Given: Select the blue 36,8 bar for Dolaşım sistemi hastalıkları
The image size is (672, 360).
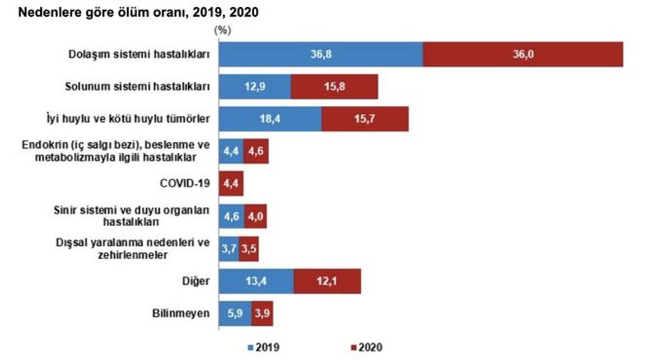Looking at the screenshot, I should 320,54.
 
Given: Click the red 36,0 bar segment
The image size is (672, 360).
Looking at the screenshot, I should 522,54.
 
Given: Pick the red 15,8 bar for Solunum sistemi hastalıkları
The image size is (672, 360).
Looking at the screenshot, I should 334,87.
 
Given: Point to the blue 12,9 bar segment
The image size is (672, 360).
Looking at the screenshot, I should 254,87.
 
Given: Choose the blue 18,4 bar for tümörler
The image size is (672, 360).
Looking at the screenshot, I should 269,119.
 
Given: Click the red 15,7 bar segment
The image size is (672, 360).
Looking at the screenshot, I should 365,119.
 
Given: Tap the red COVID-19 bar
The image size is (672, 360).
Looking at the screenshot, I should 231,183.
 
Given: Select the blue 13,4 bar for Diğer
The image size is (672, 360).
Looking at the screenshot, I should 256,280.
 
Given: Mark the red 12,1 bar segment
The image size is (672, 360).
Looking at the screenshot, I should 327,280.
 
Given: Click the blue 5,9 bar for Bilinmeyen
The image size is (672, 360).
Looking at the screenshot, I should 235,313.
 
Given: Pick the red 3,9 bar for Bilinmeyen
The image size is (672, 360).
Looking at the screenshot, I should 262,313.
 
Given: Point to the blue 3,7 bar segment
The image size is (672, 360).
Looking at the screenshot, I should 228,249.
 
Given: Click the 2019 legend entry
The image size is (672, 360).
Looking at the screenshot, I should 265,348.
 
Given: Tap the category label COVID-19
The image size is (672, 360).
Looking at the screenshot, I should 185,183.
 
